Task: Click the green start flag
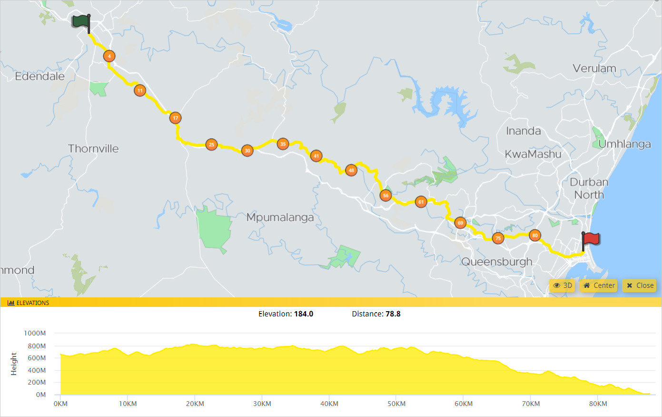point(81,22)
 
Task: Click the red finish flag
point(591,239)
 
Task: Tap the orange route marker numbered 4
point(109,56)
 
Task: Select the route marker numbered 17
point(175,118)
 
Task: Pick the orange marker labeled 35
point(283,143)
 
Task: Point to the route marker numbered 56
point(385,195)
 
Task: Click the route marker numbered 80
point(535,235)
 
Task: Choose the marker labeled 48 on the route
point(351,170)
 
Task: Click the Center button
point(599,285)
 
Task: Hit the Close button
point(640,285)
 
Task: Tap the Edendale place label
point(40,76)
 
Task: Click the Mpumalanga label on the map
point(280,218)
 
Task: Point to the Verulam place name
point(594,69)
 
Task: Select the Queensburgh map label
point(497,262)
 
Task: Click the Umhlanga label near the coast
point(624,144)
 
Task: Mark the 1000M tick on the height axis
point(35,333)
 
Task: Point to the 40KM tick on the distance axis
point(329,404)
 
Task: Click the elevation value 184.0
point(303,314)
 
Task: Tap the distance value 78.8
point(393,314)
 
